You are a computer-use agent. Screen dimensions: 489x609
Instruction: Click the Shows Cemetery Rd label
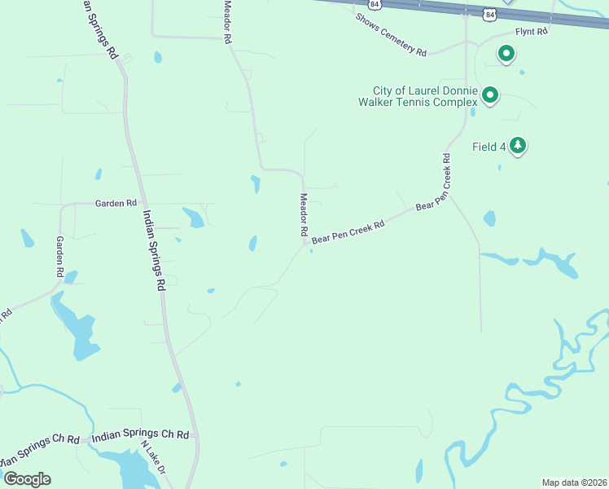point(391,35)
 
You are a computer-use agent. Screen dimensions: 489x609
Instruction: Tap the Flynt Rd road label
point(531,31)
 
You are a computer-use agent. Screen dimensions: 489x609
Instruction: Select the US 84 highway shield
point(489,14)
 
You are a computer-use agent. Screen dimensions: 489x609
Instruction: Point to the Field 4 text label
point(489,147)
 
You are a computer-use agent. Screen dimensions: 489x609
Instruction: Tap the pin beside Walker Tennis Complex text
point(490,96)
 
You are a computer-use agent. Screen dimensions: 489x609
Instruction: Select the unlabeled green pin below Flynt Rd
point(506,55)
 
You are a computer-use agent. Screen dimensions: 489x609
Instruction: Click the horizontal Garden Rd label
point(116,203)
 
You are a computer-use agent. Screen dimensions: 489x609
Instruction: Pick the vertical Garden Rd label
point(59,257)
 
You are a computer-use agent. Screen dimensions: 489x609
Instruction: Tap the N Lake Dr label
point(153,458)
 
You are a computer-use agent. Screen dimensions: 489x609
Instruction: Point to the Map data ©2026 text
point(574,482)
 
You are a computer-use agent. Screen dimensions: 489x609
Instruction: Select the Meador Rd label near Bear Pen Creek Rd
point(303,215)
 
